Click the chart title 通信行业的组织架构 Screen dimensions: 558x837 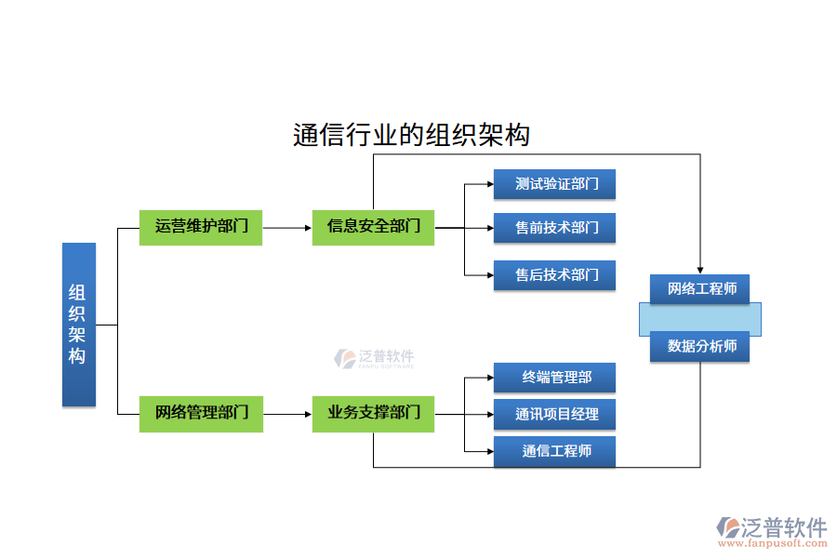[x=411, y=136]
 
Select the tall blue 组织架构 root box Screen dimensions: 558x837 [x=79, y=325]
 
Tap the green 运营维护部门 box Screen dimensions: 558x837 [x=201, y=227]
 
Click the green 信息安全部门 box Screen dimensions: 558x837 [x=373, y=227]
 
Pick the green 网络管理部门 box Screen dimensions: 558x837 [x=201, y=413]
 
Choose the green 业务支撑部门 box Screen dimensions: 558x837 [x=373, y=413]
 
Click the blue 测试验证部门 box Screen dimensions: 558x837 [x=554, y=184]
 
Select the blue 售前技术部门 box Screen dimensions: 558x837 [x=554, y=228]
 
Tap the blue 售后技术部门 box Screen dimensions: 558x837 [x=554, y=275]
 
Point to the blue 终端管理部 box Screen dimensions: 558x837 [x=554, y=378]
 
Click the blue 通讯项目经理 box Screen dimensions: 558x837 [x=554, y=415]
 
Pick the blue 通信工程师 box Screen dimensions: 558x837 [x=554, y=452]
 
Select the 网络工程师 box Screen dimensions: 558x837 [x=699, y=289]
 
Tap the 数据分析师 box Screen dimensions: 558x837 [x=699, y=347]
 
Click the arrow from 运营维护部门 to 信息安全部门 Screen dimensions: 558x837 [x=287, y=227]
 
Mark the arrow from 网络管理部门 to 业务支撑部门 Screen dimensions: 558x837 [x=287, y=413]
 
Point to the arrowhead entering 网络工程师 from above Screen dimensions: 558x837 [x=699, y=270]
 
